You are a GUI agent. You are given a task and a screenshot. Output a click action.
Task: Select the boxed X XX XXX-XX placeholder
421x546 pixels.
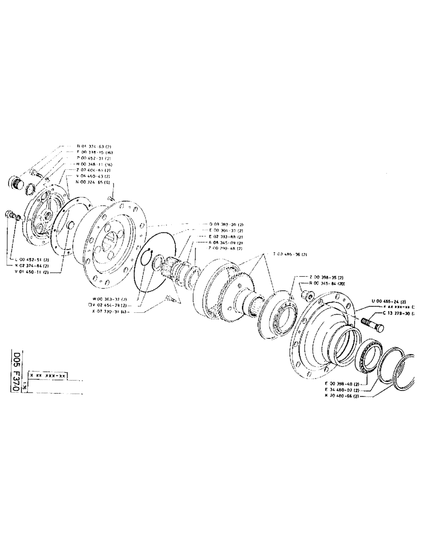pos(47,376)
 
